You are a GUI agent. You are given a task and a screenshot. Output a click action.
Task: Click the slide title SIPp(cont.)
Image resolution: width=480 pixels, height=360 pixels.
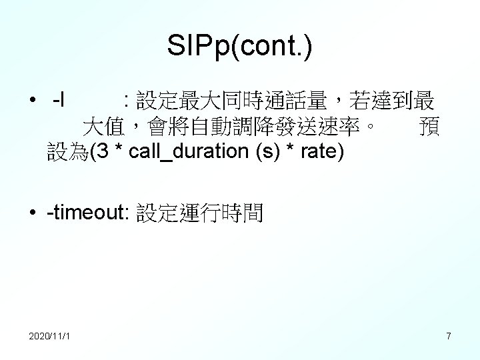pos(240,47)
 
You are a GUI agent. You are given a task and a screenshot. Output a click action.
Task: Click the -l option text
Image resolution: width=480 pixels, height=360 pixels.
pos(58,102)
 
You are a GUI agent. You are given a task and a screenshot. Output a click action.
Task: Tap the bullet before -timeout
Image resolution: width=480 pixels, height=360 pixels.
pos(32,213)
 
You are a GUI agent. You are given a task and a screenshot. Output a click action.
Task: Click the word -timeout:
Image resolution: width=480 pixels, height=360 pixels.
pos(89,213)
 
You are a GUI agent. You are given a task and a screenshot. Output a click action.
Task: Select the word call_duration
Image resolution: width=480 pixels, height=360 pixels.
pos(190,152)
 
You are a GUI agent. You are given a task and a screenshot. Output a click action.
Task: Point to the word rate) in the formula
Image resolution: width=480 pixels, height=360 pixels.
pos(323,152)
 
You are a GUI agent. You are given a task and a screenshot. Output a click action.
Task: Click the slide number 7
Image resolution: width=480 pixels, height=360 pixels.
pos(449,336)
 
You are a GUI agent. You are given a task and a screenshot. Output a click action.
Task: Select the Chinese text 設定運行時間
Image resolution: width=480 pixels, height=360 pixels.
pos(200,213)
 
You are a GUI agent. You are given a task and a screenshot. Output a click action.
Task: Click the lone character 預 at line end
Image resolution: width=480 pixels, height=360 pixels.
pos(428,127)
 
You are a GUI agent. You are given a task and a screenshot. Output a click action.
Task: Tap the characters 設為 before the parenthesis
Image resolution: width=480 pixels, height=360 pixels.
pos(67,152)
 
